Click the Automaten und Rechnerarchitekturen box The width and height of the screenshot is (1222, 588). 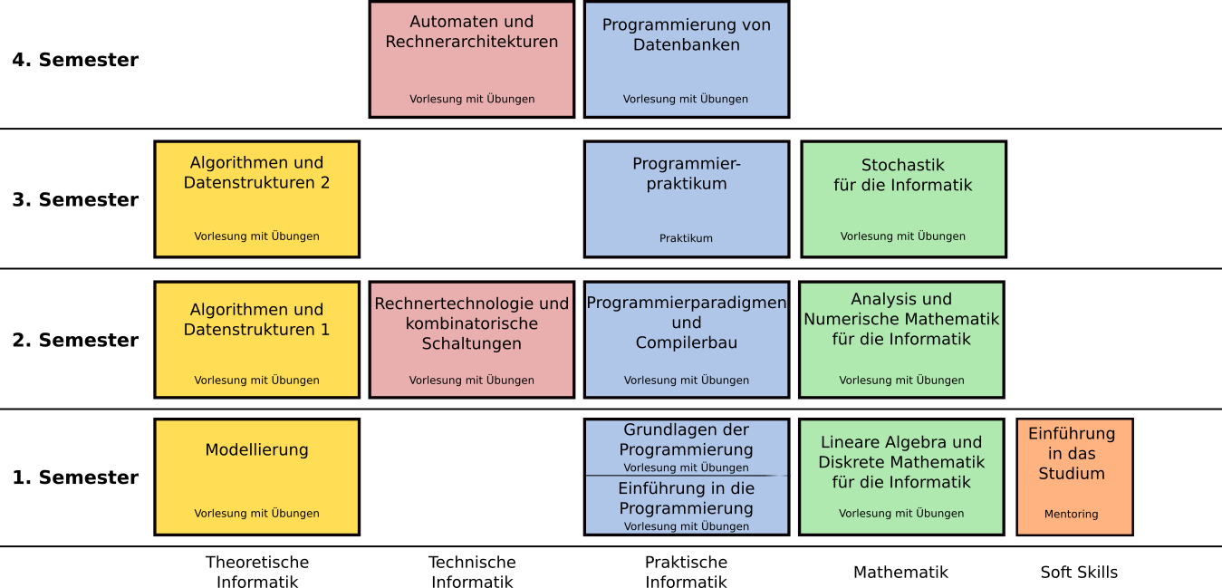pyautogui.click(x=471, y=60)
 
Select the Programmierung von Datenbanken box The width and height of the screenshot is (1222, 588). pyautogui.click(x=686, y=60)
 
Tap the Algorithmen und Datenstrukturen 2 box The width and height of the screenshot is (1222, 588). pyautogui.click(x=256, y=199)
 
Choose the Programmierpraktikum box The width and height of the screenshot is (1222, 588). pyautogui.click(x=686, y=199)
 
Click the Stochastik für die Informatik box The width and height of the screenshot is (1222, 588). pyautogui.click(x=903, y=199)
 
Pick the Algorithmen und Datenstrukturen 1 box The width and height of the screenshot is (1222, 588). pyautogui.click(x=256, y=340)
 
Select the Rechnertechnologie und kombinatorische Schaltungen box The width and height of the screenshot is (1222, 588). pyautogui.click(x=471, y=340)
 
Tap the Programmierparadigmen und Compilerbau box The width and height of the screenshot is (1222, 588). pyautogui.click(x=686, y=340)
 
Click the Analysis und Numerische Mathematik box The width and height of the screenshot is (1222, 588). pyautogui.click(x=901, y=340)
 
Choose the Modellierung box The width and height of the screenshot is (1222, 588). pyautogui.click(x=256, y=477)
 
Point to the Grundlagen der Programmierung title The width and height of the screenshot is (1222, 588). pyautogui.click(x=686, y=439)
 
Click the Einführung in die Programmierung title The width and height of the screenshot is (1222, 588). pyautogui.click(x=686, y=498)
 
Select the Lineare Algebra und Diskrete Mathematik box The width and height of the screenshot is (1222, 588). pyautogui.click(x=901, y=477)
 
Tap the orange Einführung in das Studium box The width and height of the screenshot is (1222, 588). pyautogui.click(x=1074, y=477)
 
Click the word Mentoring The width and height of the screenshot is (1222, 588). pyautogui.click(x=1071, y=515)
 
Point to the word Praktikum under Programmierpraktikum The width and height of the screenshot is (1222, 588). pyautogui.click(x=686, y=239)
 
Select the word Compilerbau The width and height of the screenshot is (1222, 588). pyautogui.click(x=686, y=343)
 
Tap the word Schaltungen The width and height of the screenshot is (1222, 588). pyautogui.click(x=471, y=344)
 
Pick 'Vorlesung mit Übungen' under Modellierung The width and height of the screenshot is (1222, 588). pyautogui.click(x=256, y=514)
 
